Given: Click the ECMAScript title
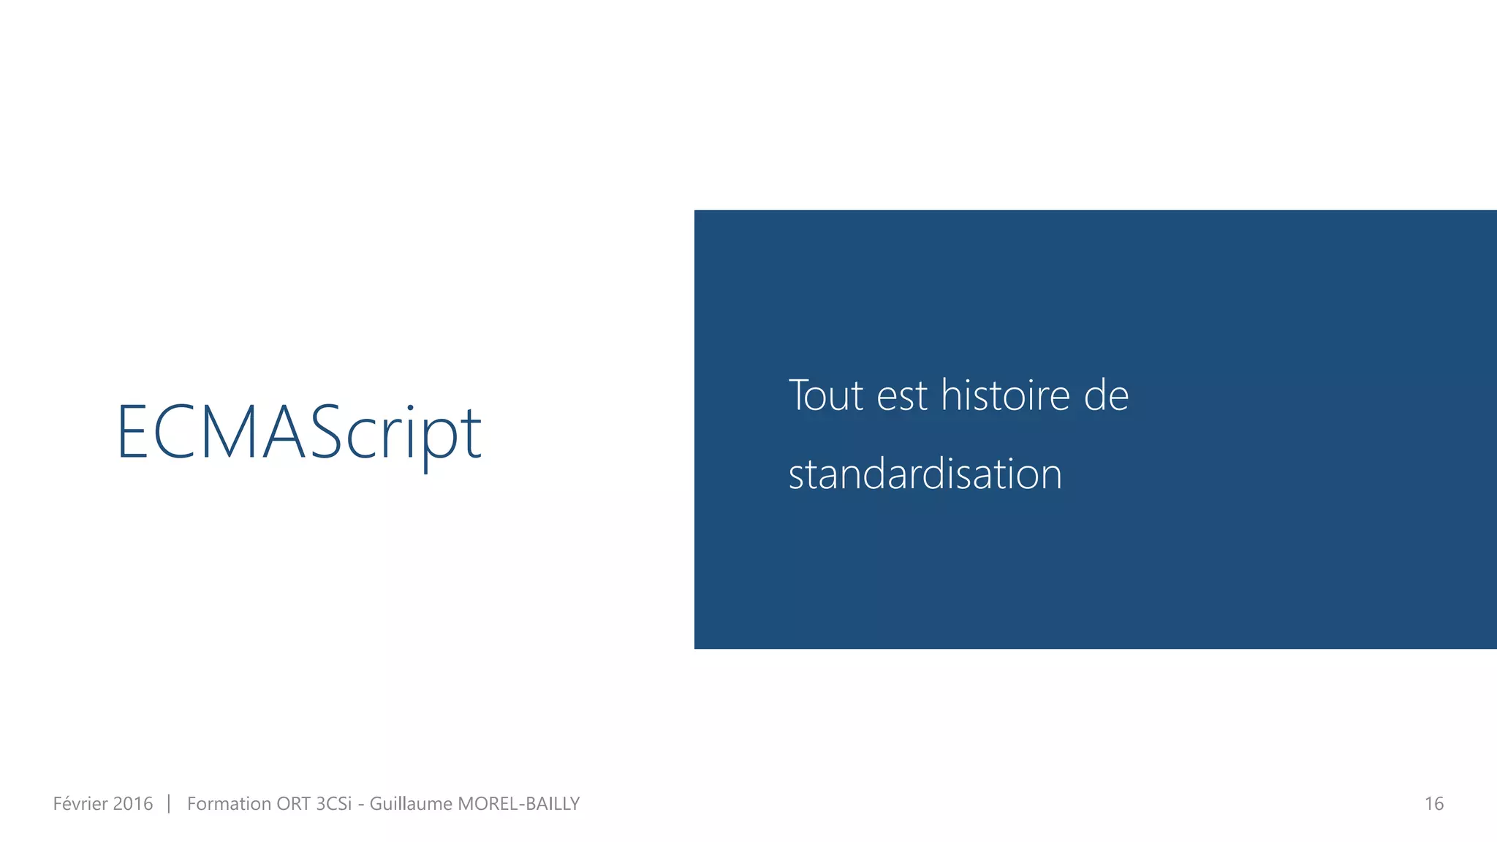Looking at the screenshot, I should click(299, 433).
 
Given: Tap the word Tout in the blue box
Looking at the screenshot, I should click(826, 395).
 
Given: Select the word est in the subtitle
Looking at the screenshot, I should click(902, 397).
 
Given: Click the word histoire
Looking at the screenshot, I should click(1005, 395).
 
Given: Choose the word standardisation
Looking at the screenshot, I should click(925, 474).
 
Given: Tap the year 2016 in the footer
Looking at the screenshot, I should click(133, 804).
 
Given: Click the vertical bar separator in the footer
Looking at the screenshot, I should click(169, 804).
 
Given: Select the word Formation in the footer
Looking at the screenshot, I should click(228, 804).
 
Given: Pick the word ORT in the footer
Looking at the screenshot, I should click(293, 804).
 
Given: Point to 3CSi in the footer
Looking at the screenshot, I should click(333, 804).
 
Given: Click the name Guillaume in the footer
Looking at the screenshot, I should click(411, 804).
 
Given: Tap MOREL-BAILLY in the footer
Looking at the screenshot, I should click(518, 804).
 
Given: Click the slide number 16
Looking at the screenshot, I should click(1433, 804).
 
